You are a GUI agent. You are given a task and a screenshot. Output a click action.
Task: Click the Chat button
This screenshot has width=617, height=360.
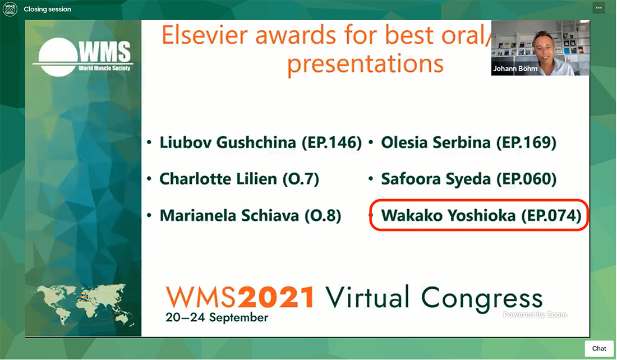pyautogui.click(x=599, y=349)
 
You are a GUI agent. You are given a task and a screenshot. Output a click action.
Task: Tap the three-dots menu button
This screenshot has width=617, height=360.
pyautogui.click(x=598, y=8)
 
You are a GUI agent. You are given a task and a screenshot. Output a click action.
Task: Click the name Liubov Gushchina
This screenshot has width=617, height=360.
pyautogui.click(x=227, y=143)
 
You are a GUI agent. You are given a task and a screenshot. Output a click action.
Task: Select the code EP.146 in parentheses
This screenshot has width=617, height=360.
pyautogui.click(x=331, y=143)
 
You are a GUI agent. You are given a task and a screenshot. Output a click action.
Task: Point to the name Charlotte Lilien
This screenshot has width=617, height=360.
pyautogui.click(x=218, y=179)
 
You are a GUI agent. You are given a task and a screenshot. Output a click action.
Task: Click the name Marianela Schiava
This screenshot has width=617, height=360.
pyautogui.click(x=229, y=215)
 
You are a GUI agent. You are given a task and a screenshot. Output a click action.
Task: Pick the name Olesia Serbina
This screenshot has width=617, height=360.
pyautogui.click(x=436, y=142)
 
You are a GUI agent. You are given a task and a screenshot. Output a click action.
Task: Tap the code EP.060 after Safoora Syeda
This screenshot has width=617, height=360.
pyautogui.click(x=527, y=179)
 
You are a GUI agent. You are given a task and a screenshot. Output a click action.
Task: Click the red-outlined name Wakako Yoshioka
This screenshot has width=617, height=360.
pyautogui.click(x=448, y=215)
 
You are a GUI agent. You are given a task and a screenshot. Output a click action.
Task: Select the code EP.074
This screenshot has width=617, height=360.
pyautogui.click(x=551, y=215)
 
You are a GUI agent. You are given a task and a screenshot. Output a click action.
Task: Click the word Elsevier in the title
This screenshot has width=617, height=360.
pyautogui.click(x=205, y=35)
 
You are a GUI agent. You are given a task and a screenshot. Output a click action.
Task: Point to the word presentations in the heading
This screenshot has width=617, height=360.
pyautogui.click(x=365, y=64)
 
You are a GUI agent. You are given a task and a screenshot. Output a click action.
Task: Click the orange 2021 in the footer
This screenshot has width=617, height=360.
pyautogui.click(x=276, y=297)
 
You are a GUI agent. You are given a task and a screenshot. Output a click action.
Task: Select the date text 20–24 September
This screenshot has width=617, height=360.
pyautogui.click(x=217, y=317)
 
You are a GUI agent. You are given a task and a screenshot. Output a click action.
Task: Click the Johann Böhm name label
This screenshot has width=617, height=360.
pyautogui.click(x=515, y=68)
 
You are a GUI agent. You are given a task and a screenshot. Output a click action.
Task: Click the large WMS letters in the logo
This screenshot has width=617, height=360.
pyautogui.click(x=104, y=52)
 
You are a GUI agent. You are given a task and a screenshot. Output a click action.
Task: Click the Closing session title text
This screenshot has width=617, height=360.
pyautogui.click(x=47, y=9)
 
